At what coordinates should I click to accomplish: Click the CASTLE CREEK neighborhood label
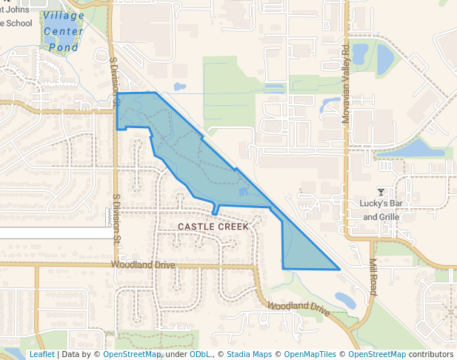coord(213,226)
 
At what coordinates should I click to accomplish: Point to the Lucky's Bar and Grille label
coord(381,210)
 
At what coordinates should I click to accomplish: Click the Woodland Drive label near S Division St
coord(143,264)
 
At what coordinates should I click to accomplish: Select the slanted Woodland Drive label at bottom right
coord(298,308)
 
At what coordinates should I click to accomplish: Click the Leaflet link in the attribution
coord(41,354)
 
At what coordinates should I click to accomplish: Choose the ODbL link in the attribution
coord(199,354)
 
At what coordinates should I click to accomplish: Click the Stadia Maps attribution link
coord(249,354)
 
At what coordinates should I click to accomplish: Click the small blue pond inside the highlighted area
coord(244,192)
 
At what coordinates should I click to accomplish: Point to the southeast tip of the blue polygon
coord(339,270)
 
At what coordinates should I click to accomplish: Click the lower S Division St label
coord(116,219)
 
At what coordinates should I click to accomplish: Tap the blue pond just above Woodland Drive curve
coord(344,299)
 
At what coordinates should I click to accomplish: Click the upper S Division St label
coord(114,81)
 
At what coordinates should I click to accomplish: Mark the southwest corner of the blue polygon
coord(283,268)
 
